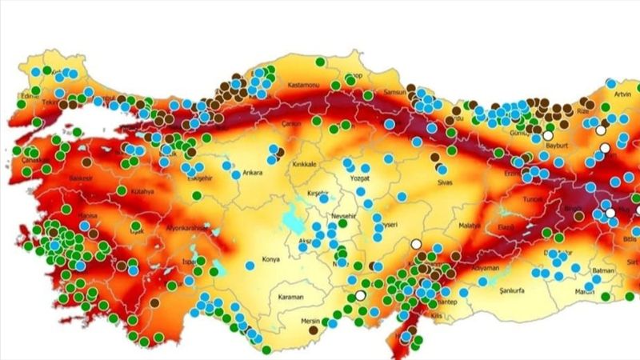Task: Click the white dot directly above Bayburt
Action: pos(548,136)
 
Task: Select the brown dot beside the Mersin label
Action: pos(312,329)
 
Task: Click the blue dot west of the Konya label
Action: pos(250,264)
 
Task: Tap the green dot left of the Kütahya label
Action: pos(122,190)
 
